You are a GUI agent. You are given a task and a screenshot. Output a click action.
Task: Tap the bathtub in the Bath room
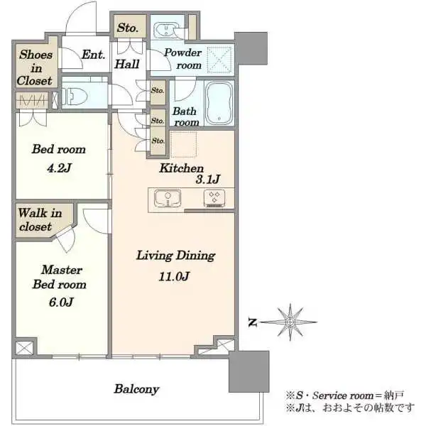pos(219,103)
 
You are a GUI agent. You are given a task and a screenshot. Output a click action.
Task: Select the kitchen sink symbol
pos(168,198)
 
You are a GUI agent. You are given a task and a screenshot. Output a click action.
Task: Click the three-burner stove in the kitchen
pos(214,198)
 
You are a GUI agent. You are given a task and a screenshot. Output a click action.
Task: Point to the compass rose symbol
pos(290,322)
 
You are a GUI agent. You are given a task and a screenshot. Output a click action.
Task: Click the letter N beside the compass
pos(253,322)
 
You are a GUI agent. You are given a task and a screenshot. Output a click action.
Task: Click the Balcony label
pos(136,389)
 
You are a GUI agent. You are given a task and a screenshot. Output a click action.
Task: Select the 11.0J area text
pos(174,277)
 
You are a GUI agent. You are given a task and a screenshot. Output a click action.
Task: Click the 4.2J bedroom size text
pos(59,168)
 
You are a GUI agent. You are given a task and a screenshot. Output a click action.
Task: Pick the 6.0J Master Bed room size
pos(61,302)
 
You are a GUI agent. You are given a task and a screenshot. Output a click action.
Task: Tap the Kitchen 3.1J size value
pos(208,180)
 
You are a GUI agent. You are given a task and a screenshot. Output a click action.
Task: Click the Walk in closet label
pos(40,219)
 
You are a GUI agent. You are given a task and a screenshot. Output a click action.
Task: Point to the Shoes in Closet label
pos(35,67)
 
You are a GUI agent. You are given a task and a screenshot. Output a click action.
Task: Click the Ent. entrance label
pos(93,55)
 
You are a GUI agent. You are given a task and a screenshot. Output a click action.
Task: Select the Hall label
pos(127,64)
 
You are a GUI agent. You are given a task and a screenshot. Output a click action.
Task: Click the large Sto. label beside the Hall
pos(128,28)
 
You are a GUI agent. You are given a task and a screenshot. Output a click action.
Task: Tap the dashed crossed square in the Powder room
pos(220,60)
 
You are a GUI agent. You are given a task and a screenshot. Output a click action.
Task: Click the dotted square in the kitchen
pos(183,145)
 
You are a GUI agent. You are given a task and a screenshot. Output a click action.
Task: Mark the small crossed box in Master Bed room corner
pos(24,348)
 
